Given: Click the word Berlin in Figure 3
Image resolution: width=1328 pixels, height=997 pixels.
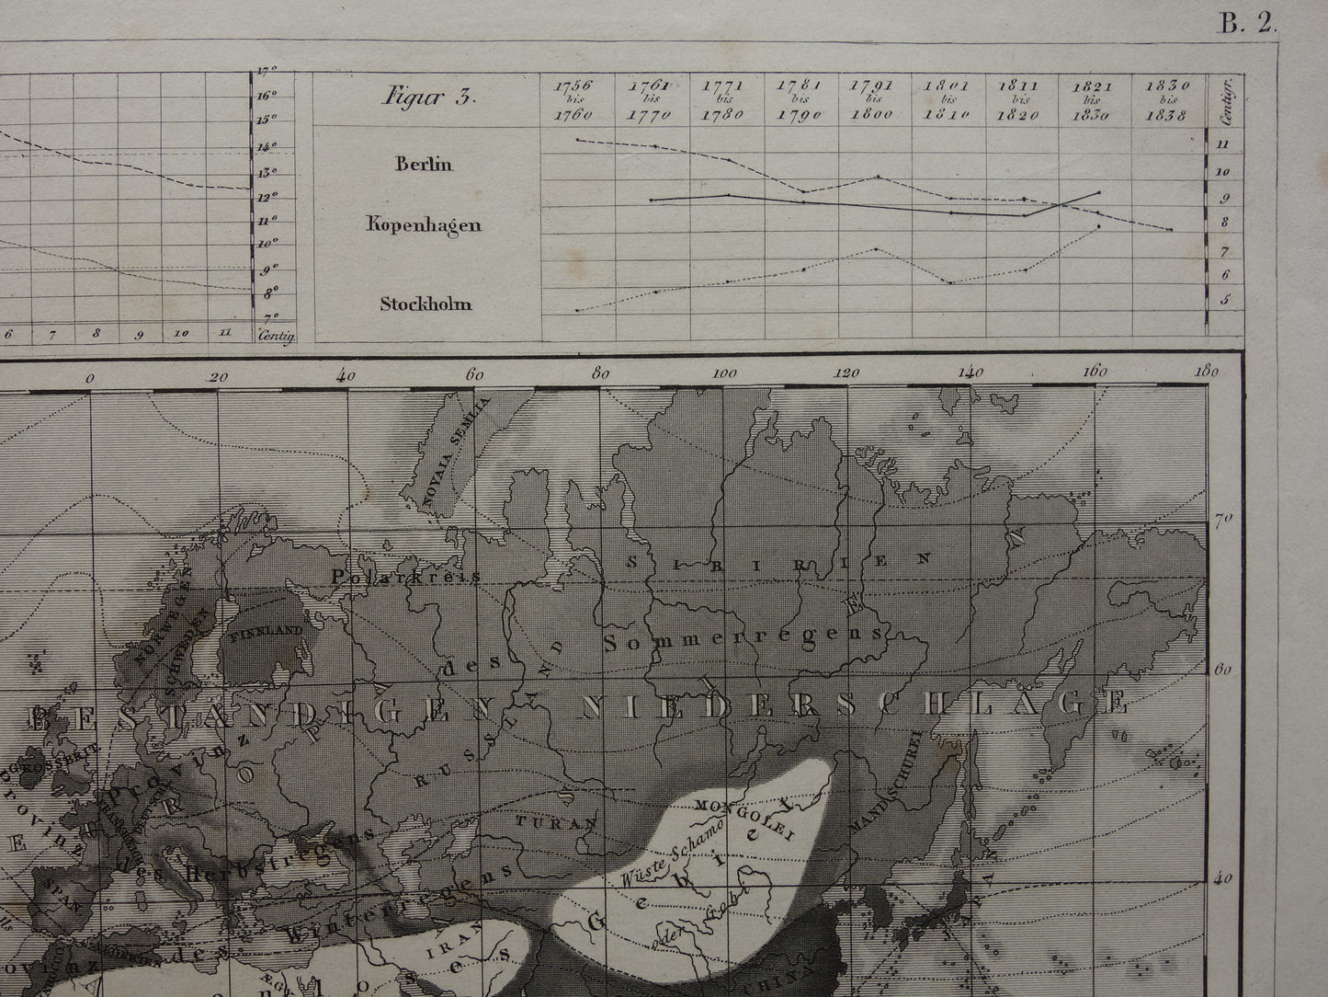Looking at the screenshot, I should tap(425, 165).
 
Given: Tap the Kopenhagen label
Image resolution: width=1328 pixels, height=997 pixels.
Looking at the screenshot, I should tap(424, 224).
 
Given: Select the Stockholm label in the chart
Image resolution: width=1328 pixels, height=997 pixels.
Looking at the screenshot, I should tap(426, 304).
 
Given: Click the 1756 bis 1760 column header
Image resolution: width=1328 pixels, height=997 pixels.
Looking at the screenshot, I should tap(573, 100).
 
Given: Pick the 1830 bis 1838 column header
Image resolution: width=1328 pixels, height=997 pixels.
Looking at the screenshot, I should tap(1168, 100).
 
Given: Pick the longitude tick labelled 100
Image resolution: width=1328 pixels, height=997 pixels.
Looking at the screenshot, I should tap(725, 374).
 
